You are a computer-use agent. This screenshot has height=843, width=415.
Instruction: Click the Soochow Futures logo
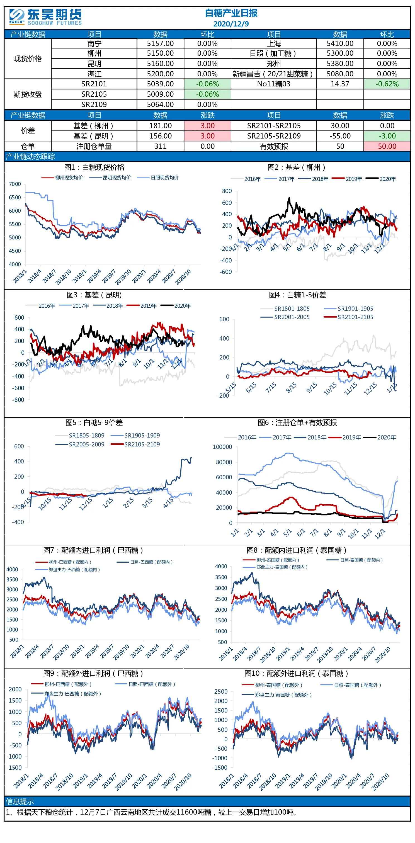(45, 17)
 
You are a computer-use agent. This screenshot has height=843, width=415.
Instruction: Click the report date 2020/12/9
(231, 24)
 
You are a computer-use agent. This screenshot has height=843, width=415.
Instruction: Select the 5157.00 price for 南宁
(160, 43)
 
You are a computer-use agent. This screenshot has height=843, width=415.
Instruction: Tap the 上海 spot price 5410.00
(340, 43)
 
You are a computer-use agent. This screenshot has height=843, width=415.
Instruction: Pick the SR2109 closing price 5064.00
(160, 105)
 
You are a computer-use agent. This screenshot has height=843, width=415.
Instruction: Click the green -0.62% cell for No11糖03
(387, 84)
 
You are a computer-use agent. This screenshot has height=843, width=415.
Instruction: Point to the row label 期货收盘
(28, 94)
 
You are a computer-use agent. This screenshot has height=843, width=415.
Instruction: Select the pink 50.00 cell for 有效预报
(387, 146)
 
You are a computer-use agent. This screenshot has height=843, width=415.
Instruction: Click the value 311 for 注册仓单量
(160, 146)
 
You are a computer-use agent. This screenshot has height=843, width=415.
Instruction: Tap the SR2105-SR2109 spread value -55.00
(340, 136)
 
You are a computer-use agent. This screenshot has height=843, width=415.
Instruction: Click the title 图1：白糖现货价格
(94, 167)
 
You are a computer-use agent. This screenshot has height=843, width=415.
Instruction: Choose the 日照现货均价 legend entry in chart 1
(158, 178)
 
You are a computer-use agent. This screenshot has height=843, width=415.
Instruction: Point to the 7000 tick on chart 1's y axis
(15, 184)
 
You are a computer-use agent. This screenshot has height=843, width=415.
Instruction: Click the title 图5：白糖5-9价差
(94, 422)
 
